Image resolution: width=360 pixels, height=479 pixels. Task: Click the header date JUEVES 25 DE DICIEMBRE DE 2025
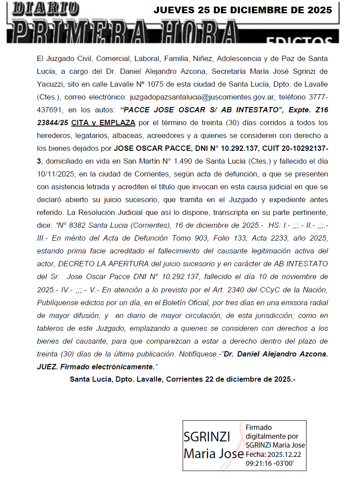click(x=243, y=10)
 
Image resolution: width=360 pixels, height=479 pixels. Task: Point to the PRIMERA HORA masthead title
click(x=124, y=32)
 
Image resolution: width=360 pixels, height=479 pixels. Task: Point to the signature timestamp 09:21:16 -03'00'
click(x=270, y=463)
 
